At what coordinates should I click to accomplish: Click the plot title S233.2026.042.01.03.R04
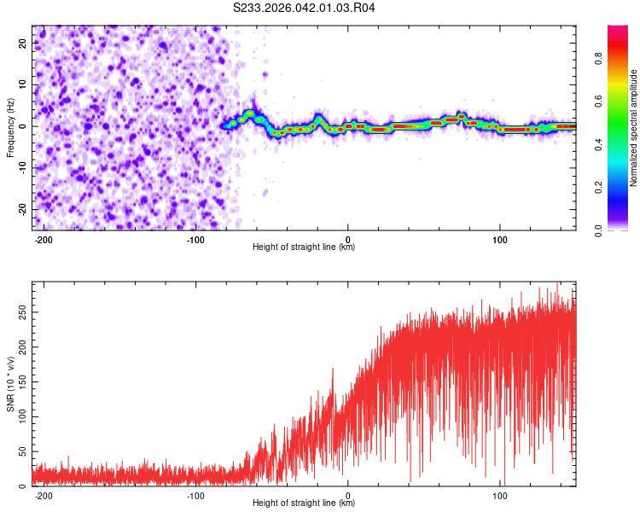point(305,9)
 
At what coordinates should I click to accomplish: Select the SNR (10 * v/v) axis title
point(11,383)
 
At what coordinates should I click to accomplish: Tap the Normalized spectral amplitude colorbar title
point(633,129)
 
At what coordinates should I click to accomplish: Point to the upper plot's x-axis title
point(304,247)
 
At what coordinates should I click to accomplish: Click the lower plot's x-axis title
point(304,503)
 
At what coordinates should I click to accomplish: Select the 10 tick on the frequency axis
point(22,84)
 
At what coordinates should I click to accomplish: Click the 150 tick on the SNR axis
point(20,381)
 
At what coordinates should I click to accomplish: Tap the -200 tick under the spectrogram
point(43,238)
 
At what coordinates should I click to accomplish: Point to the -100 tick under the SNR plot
point(195,494)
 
